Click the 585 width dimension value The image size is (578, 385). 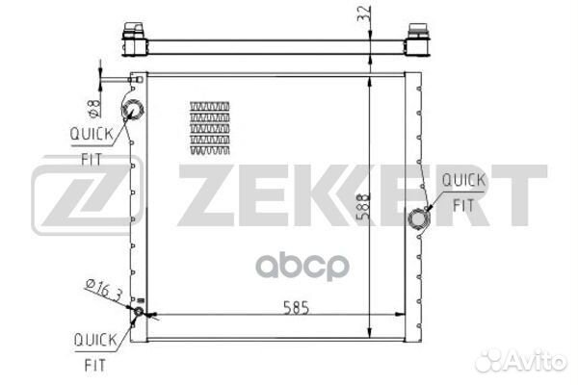click(296, 308)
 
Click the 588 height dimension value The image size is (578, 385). click(364, 207)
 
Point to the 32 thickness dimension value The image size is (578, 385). click(363, 14)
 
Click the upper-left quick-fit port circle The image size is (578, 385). click(133, 110)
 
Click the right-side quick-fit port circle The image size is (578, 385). click(419, 218)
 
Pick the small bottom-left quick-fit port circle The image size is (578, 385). click(138, 311)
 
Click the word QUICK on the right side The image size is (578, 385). click(463, 180)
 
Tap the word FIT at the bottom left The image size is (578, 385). click(95, 365)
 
